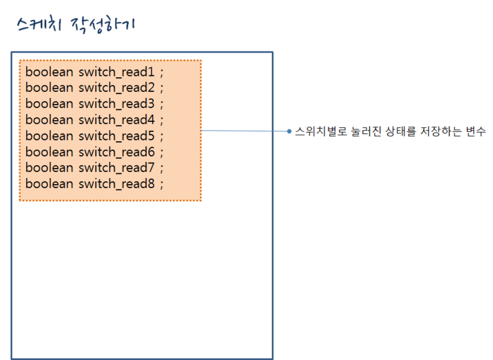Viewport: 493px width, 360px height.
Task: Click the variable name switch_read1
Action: [117, 73]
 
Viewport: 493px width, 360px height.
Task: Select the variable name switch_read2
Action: [117, 88]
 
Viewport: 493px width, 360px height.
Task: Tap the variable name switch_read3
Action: [117, 104]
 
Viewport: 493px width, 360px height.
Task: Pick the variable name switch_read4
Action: [117, 120]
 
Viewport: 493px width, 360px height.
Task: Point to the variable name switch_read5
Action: [117, 136]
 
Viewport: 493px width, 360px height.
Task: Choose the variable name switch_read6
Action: [117, 152]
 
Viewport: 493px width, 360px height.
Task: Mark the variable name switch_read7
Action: [117, 168]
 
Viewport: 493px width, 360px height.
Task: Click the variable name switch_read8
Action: [117, 184]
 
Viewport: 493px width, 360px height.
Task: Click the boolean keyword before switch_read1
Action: [49, 72]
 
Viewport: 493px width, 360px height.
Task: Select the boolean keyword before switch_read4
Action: [49, 119]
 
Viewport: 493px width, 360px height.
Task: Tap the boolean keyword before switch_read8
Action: [49, 183]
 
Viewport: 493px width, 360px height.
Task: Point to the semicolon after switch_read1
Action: [162, 73]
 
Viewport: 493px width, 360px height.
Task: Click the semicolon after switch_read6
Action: [162, 153]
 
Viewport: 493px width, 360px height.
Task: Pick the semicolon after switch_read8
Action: [162, 185]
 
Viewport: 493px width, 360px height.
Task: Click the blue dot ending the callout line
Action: [289, 131]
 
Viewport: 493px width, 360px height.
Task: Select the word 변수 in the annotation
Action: [476, 131]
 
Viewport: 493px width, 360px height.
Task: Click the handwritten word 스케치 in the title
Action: [39, 25]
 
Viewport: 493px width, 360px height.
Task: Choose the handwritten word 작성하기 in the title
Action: [103, 25]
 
